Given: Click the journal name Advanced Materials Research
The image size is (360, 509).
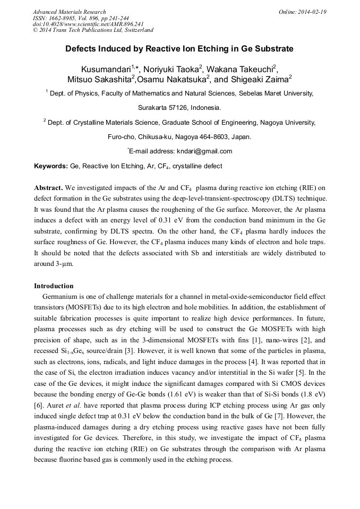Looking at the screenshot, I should coord(69,12).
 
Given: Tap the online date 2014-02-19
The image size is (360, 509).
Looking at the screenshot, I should coord(312,12).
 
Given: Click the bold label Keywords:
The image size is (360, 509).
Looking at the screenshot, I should coord(51,166).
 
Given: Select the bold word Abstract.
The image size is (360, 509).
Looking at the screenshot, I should coord(48,188).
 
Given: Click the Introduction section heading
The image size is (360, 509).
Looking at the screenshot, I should coord(54,286).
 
